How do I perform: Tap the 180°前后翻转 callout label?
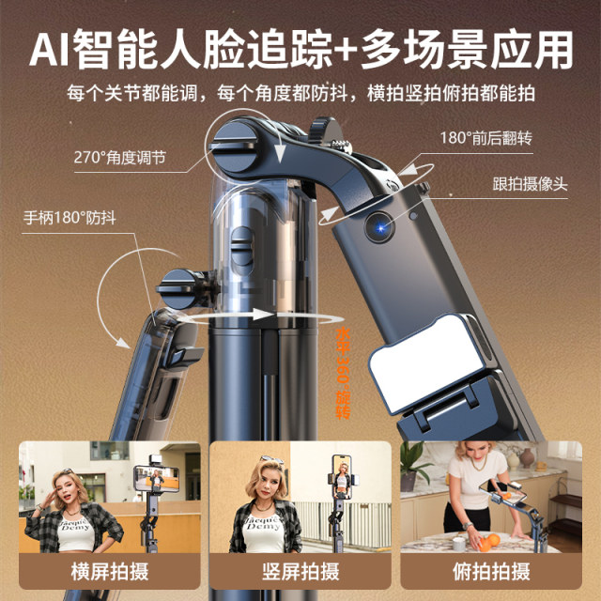(485, 138)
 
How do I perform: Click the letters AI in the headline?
(53, 48)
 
